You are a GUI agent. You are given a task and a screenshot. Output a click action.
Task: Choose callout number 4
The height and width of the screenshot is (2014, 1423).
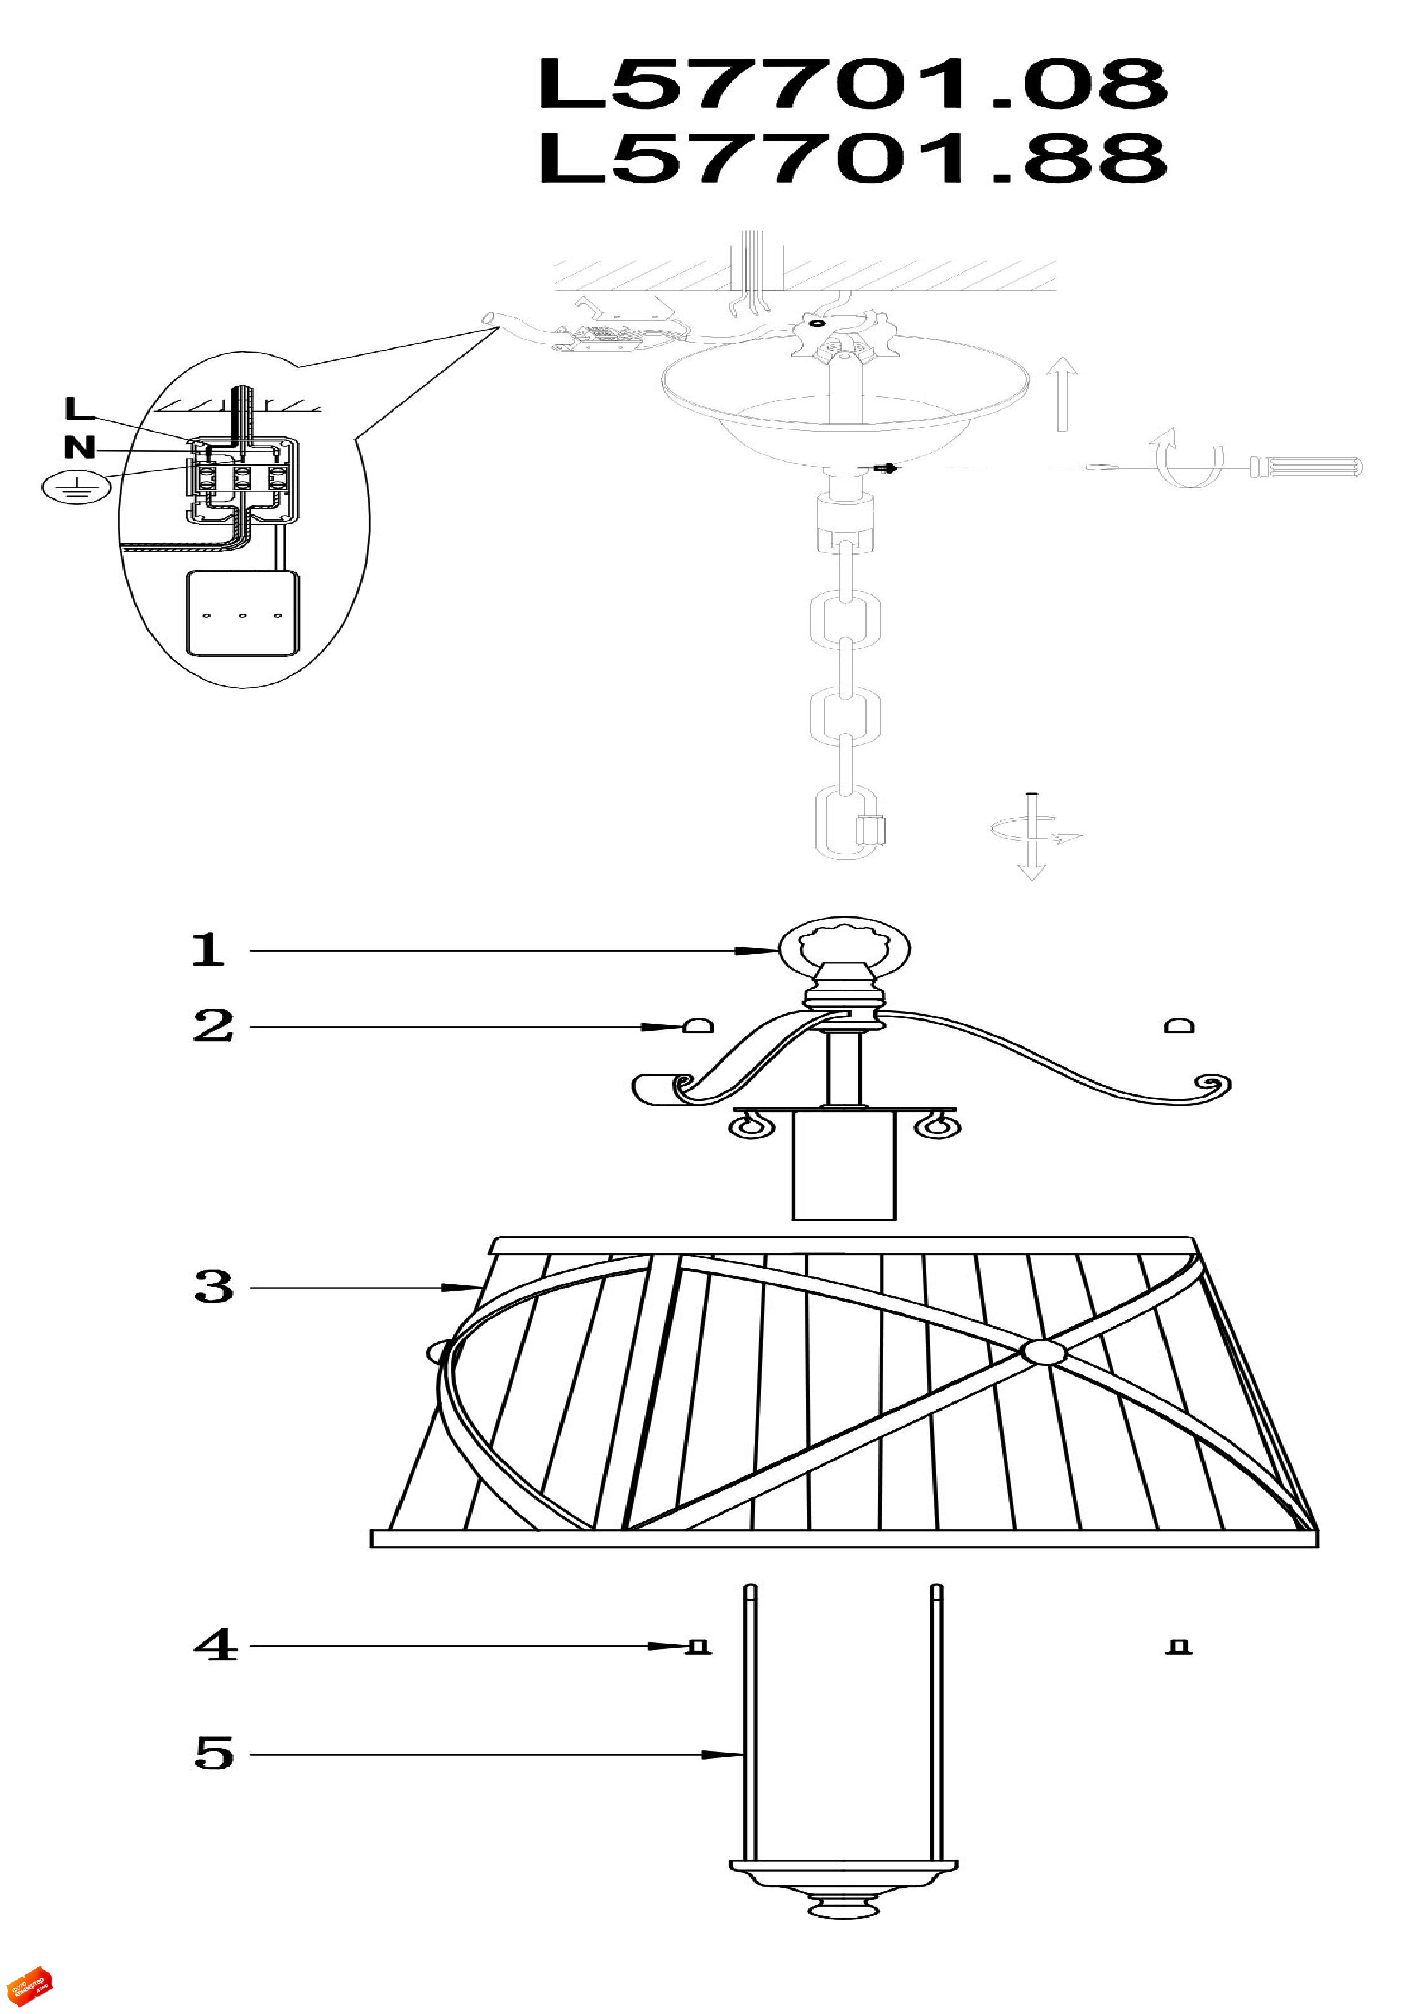(x=215, y=1645)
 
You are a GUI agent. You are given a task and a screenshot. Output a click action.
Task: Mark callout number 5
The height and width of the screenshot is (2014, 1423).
(x=214, y=1753)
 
